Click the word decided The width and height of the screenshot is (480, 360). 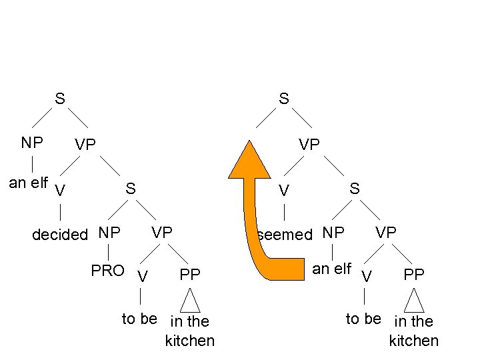[x=60, y=234]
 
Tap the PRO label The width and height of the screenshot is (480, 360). [x=107, y=271]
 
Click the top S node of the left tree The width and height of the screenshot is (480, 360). [x=60, y=99]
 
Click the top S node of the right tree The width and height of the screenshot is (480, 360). [x=284, y=99]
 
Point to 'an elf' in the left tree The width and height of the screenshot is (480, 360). [x=27, y=182]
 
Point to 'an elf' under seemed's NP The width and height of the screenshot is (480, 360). [x=331, y=269]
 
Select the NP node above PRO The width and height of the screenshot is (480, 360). [x=109, y=233]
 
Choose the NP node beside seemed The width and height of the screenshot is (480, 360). [x=333, y=233]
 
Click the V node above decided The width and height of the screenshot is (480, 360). [x=60, y=191]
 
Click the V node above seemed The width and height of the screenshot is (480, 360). [x=284, y=191]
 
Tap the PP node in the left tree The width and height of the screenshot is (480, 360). [x=190, y=274]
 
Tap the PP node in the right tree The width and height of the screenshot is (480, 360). [x=414, y=274]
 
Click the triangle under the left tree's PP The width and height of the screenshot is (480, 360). [x=191, y=301]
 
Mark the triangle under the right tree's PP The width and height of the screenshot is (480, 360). [x=414, y=301]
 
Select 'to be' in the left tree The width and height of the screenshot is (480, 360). [x=139, y=319]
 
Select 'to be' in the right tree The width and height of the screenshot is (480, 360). [x=363, y=319]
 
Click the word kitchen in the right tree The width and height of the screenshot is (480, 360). [x=413, y=341]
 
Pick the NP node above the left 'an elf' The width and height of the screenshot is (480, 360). [x=32, y=143]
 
